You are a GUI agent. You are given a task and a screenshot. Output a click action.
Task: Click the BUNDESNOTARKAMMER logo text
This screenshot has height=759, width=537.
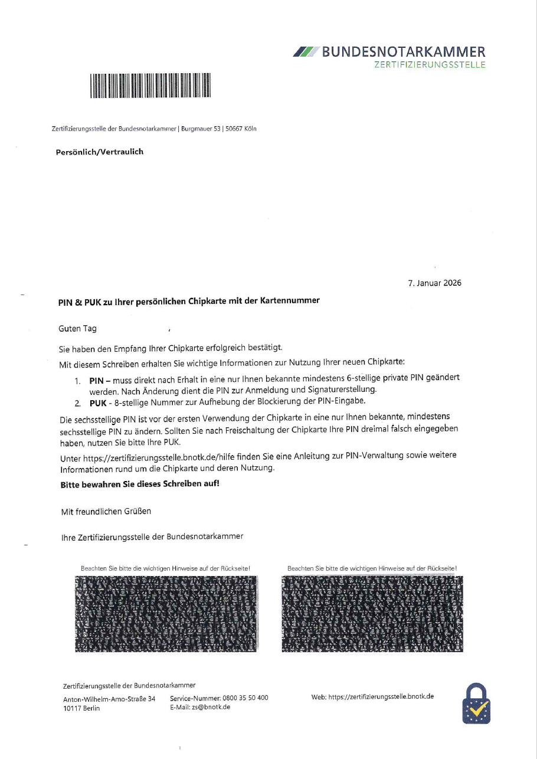click(404, 52)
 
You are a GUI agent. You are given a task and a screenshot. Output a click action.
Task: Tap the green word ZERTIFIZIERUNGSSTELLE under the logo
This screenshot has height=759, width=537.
click(430, 65)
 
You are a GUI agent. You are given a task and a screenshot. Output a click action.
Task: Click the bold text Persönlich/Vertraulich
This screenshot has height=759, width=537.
click(99, 152)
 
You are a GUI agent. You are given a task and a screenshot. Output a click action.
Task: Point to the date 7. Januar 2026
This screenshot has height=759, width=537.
click(434, 283)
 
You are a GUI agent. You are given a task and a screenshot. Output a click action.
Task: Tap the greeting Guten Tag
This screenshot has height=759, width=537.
click(78, 329)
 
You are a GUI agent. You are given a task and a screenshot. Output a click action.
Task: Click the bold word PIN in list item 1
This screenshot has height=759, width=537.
click(96, 379)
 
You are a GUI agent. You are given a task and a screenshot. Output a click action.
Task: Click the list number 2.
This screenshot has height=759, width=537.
click(77, 402)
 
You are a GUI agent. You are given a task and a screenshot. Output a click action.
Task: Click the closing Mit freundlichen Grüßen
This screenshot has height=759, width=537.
click(106, 511)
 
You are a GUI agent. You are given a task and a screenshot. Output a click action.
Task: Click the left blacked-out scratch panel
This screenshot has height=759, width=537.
click(167, 614)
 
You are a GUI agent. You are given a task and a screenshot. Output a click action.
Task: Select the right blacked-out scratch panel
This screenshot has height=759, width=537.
click(372, 614)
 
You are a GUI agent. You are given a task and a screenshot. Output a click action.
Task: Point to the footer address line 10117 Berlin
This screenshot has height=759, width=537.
click(81, 708)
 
